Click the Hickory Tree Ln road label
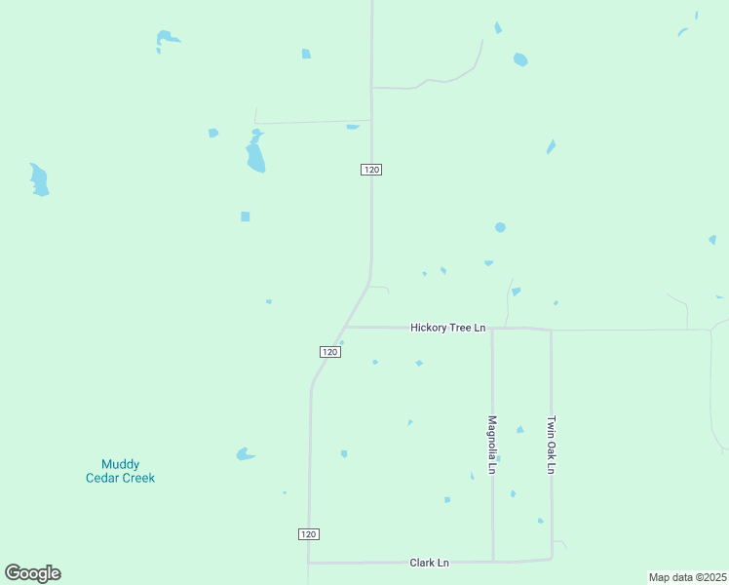coord(447,328)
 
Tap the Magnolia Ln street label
coord(492,446)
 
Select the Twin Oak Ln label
coord(551,445)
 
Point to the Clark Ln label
coord(429,563)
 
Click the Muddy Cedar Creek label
coord(120,471)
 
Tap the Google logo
coord(32,573)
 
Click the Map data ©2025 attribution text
coord(687,577)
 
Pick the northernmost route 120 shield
coord(370,170)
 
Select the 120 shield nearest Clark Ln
coord(309,534)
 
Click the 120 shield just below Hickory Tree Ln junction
coord(329,352)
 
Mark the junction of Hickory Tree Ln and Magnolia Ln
coord(492,329)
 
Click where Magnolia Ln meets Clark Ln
coord(492,561)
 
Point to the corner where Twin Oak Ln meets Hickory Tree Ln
coord(551,331)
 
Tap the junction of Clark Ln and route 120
coord(309,563)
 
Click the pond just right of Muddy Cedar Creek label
coord(245,454)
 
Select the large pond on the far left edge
coord(39,180)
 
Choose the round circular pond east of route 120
coord(500,227)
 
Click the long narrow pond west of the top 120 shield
coord(255,154)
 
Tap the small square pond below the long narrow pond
coord(246,216)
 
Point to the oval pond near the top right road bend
coord(520,59)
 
